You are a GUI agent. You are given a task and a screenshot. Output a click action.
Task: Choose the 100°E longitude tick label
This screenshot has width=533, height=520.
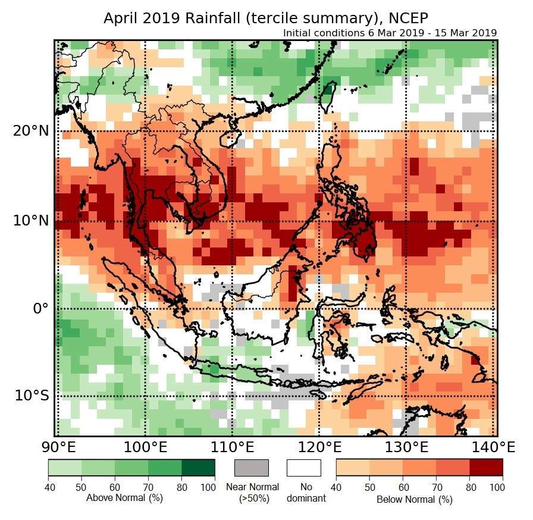[145, 447]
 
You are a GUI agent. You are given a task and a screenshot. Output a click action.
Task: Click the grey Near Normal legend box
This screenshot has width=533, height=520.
[252, 468]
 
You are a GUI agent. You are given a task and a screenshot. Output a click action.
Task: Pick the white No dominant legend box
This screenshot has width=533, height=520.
[303, 468]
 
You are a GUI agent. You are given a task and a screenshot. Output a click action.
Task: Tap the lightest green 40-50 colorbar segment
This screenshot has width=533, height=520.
[65, 468]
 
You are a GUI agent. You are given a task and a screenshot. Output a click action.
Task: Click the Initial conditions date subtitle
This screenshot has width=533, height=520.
[390, 33]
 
